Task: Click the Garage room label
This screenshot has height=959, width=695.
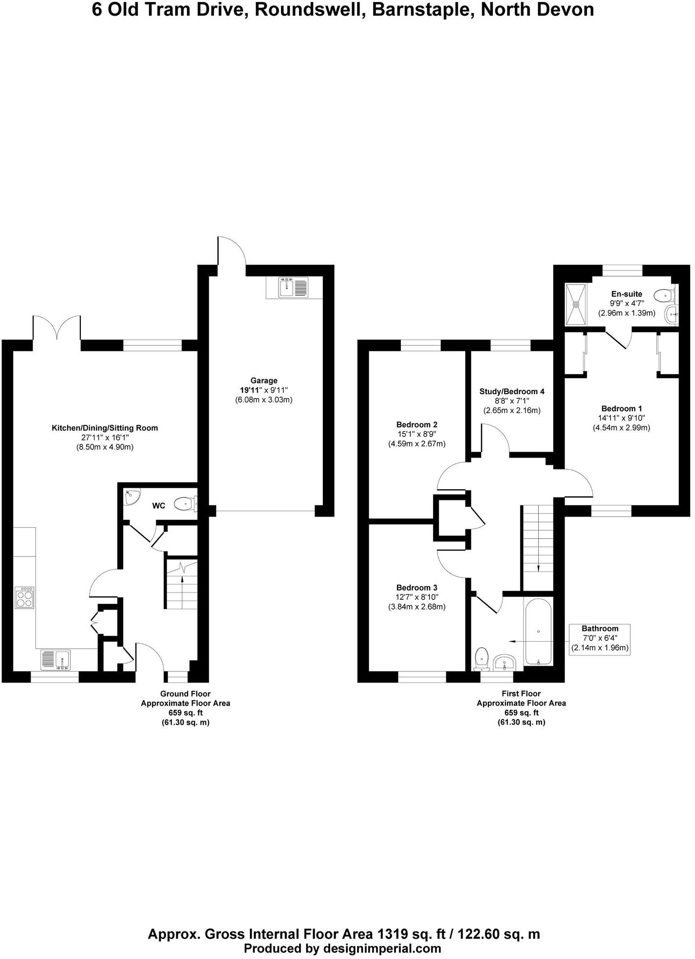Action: coord(264,381)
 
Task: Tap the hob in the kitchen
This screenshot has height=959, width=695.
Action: coord(25,597)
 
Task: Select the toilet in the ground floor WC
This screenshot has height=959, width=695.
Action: coord(186,503)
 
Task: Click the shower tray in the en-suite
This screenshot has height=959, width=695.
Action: coord(576,305)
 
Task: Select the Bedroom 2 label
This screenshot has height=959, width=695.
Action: coord(416,424)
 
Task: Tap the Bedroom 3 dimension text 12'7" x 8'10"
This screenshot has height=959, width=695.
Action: coord(416,597)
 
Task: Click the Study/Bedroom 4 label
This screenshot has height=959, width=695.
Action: coord(512,391)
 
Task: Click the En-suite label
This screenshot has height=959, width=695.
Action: coord(626,294)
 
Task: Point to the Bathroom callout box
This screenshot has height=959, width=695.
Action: coord(600,639)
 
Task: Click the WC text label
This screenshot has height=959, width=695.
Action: coord(159,506)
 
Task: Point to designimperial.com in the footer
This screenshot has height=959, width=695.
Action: coord(381,948)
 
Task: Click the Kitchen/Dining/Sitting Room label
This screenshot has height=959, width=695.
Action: coord(105,428)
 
